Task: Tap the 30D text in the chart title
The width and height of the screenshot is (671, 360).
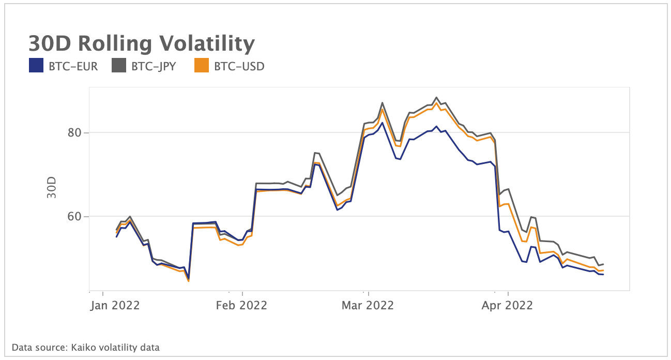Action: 51,44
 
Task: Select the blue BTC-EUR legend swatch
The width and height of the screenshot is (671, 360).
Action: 36,66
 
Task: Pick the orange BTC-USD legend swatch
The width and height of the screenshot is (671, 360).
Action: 201,66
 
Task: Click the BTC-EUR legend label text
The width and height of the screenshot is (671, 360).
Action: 73,66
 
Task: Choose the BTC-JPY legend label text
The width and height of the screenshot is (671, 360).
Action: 154,66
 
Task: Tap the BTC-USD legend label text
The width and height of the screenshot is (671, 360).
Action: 239,66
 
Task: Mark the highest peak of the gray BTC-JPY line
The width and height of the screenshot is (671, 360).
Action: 437,97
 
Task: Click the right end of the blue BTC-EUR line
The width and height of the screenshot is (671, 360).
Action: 603,275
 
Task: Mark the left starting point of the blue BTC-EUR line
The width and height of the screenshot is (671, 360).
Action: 116,237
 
